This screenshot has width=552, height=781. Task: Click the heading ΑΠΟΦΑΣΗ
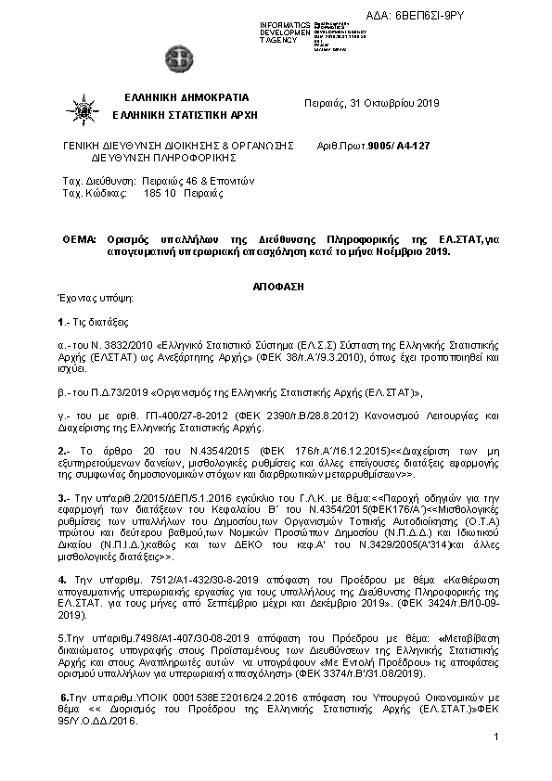279,288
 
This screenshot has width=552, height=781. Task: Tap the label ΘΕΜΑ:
78,239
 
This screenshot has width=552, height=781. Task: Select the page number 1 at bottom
497,736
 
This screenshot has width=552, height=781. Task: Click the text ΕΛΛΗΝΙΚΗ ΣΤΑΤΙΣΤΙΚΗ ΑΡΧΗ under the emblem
185,114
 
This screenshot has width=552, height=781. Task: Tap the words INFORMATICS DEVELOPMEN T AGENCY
284,32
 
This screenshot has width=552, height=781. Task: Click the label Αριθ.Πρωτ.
340,146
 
